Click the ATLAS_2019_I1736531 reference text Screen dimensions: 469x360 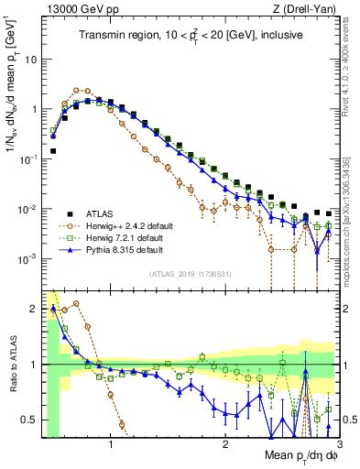click(x=191, y=274)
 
